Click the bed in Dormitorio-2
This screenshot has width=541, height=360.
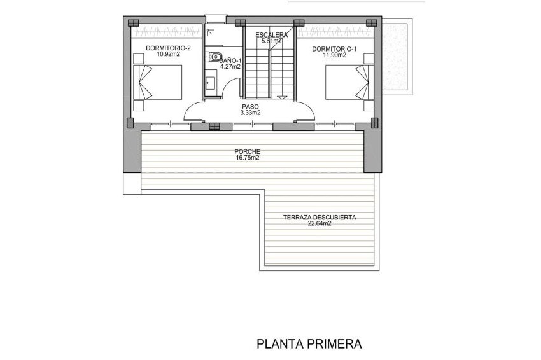click(x=159, y=81)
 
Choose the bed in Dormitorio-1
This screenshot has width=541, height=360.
click(x=348, y=81)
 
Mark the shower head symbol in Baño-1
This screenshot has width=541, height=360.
click(x=211, y=31)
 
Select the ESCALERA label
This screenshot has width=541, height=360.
click(x=270, y=35)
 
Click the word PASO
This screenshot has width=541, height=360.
click(x=250, y=106)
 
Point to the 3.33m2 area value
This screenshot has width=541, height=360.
click(x=250, y=113)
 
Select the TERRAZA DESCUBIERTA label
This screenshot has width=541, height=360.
click(x=320, y=217)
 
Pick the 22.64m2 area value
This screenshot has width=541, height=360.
click(x=320, y=224)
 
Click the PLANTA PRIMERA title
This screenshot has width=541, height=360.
click(x=309, y=344)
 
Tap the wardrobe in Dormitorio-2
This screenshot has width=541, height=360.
click(x=167, y=30)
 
